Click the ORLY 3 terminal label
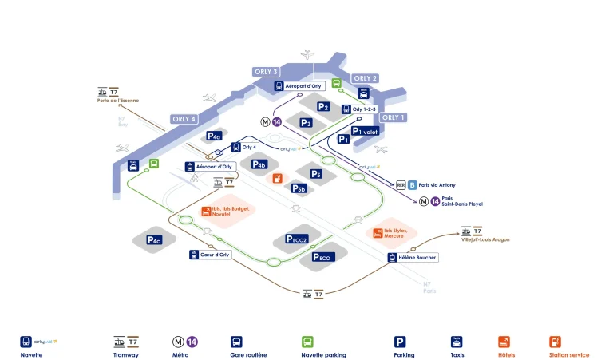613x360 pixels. point(267,72)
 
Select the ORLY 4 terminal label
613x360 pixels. point(184,119)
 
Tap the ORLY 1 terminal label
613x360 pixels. point(394,117)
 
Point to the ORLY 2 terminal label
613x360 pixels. point(365,78)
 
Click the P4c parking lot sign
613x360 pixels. point(155,239)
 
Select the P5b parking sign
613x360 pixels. point(299,188)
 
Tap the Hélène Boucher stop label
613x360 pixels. point(413,257)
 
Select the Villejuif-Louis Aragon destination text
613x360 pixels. point(485,239)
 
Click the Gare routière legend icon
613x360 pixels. point(236,341)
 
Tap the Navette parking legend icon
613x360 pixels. point(307,341)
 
